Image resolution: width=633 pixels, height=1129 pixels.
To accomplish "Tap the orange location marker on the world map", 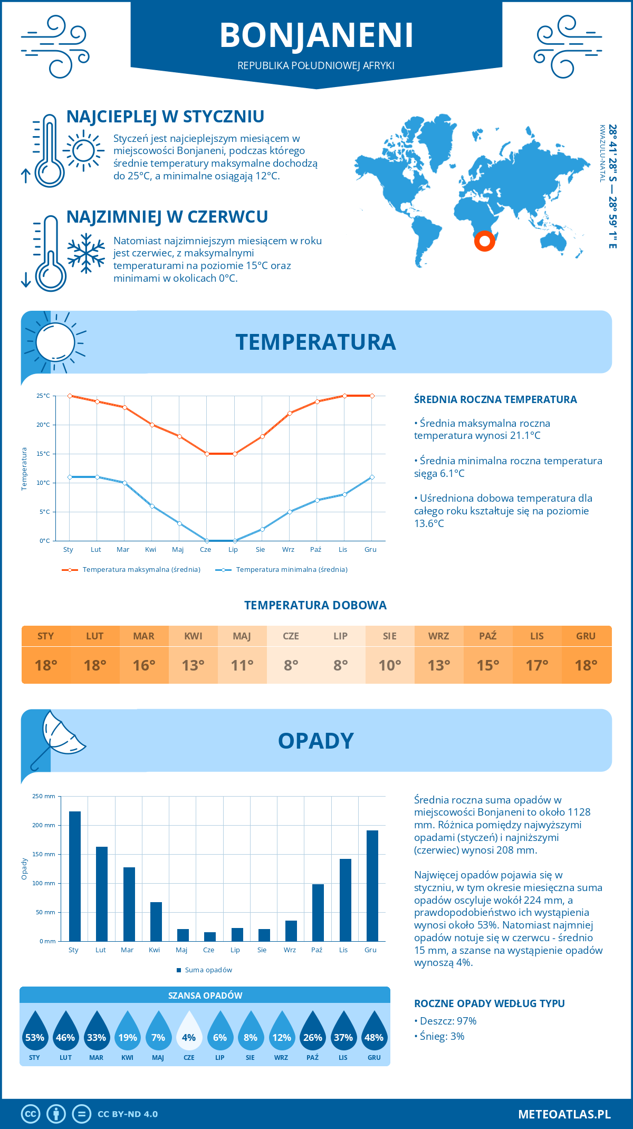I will click(x=484, y=241).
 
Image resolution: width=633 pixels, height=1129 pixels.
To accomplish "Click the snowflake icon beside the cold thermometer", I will click(x=86, y=253).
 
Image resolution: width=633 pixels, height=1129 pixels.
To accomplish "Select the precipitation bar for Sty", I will click(x=75, y=876).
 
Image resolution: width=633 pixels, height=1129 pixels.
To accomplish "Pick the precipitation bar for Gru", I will click(x=372, y=886).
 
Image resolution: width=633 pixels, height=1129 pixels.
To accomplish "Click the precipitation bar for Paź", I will click(x=318, y=913).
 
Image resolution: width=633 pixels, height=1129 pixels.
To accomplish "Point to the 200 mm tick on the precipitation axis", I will click(x=44, y=825).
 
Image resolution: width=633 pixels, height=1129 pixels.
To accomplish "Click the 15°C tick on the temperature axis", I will click(x=43, y=454).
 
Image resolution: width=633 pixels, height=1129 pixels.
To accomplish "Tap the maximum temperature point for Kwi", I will click(x=152, y=425).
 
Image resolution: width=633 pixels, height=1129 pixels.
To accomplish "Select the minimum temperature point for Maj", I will click(x=179, y=523).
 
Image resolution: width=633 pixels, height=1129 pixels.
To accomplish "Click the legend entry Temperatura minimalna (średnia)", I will click(x=282, y=570).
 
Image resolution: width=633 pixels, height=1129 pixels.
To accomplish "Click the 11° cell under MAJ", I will click(x=242, y=665).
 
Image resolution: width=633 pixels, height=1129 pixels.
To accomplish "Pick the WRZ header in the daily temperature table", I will click(x=438, y=636).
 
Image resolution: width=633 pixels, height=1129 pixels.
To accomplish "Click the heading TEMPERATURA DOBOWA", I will click(x=315, y=605).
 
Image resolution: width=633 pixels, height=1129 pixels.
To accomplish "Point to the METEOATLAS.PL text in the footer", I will click(x=564, y=1114).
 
